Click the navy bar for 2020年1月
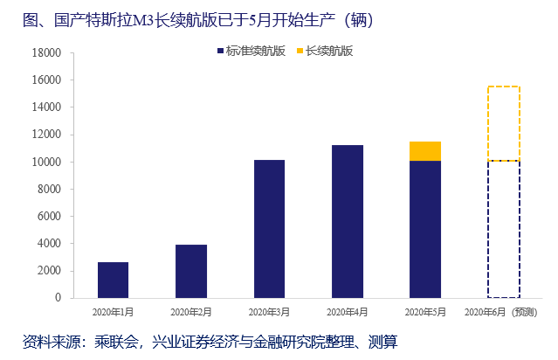(x=113, y=280)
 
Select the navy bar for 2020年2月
(x=190, y=271)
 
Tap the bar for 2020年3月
(x=269, y=229)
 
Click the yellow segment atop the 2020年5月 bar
(x=424, y=151)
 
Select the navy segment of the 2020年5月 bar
(x=424, y=229)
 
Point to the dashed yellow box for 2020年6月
(x=503, y=123)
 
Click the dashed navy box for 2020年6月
(x=503, y=229)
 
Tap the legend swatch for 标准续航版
(x=220, y=52)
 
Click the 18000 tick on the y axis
(x=46, y=52)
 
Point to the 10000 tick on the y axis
(x=46, y=162)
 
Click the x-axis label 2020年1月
(x=114, y=311)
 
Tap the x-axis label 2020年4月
(x=347, y=311)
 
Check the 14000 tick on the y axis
(x=46, y=107)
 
